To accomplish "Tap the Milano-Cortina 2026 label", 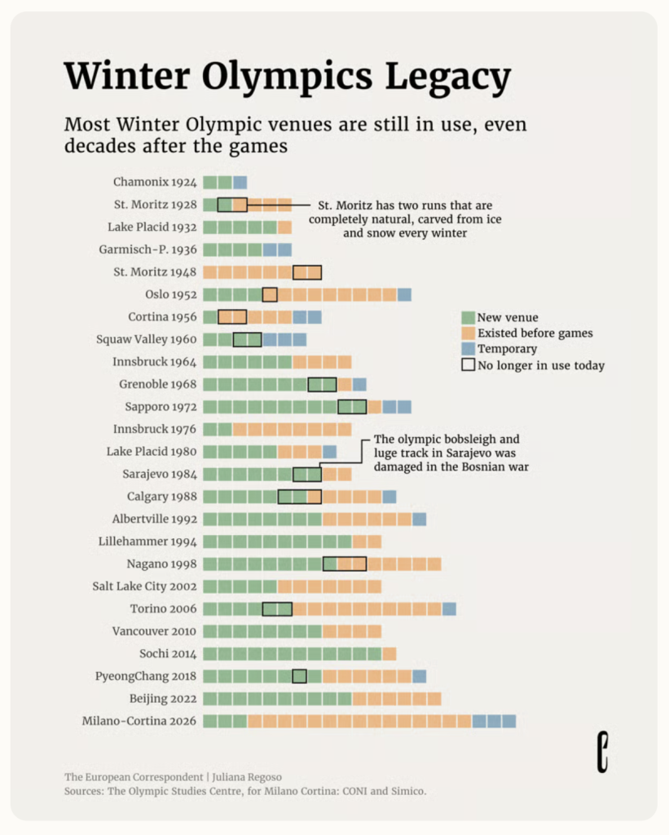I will coord(139,721).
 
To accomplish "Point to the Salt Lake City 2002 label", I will coord(144,586).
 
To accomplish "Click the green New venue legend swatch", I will coord(468,318).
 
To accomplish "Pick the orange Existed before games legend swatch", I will coord(468,334).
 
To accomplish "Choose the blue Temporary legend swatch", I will coord(468,349).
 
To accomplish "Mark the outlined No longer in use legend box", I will coord(468,365).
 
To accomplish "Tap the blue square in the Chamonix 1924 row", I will coord(240,183).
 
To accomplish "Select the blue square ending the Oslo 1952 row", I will coord(404,294).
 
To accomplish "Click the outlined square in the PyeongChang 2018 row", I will coord(299,676).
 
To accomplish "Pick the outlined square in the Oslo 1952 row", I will coord(270,294).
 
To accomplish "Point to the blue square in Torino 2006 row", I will coord(449,608).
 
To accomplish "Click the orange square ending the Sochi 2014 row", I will coord(390,653).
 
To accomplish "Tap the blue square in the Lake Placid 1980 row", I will coord(329,452).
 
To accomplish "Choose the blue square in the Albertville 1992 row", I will coord(419,519).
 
